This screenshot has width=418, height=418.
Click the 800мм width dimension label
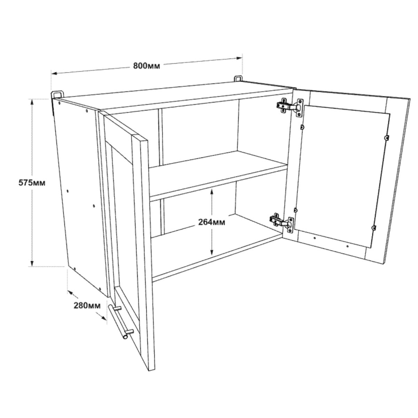tap(146, 66)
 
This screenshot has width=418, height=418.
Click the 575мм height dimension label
tap(32, 183)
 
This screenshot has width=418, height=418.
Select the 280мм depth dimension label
tap(87, 305)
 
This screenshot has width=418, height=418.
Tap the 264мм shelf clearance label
tap(211, 222)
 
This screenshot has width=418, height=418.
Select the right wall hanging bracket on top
tap(238, 78)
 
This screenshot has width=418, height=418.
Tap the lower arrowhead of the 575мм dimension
tap(32, 263)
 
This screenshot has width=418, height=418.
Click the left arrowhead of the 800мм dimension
tap(54, 73)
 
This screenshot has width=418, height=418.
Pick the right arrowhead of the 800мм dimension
tap(239, 58)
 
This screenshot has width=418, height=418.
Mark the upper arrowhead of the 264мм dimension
tap(211, 192)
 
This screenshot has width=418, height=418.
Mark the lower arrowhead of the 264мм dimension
tap(211, 251)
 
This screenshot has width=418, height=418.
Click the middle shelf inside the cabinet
tap(218, 176)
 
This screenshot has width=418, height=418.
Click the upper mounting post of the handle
tap(118, 308)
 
